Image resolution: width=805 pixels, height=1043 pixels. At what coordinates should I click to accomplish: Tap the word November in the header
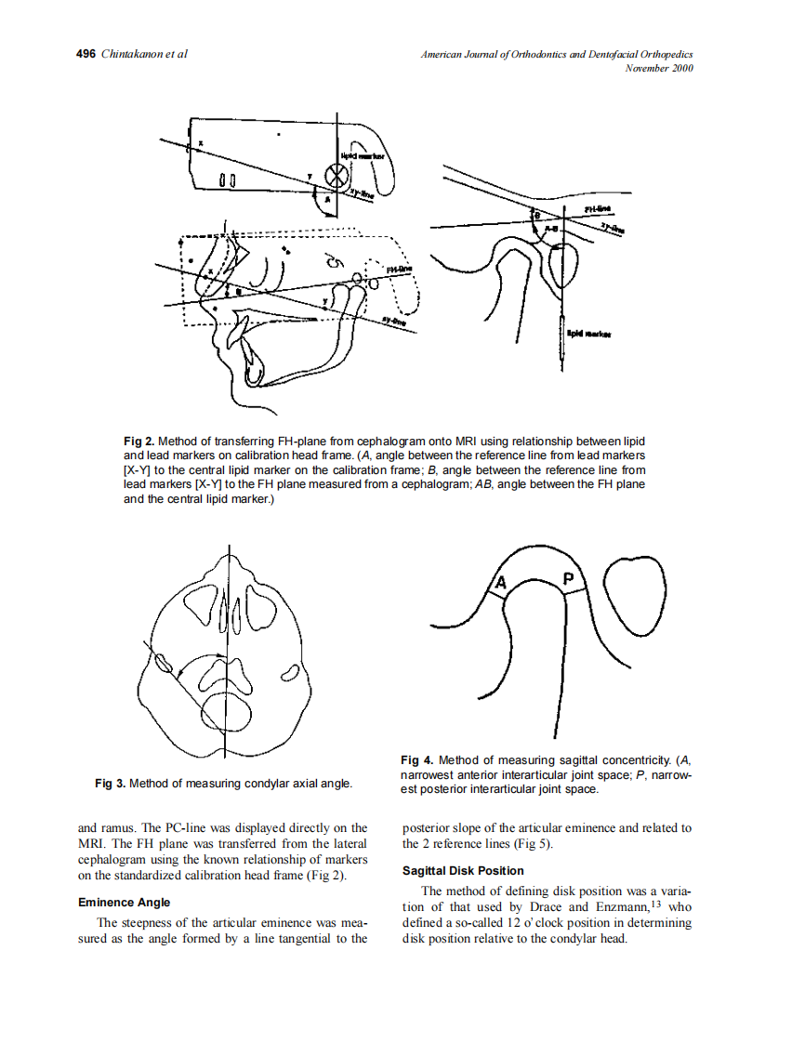647,69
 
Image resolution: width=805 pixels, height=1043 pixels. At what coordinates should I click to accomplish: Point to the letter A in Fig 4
500,583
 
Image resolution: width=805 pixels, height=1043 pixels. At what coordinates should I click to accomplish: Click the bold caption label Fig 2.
139,440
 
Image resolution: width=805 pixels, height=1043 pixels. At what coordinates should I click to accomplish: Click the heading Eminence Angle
124,903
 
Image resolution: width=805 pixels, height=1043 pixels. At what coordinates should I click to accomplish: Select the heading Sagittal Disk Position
463,871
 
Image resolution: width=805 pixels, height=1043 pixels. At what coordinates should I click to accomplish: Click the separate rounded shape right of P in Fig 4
636,594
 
